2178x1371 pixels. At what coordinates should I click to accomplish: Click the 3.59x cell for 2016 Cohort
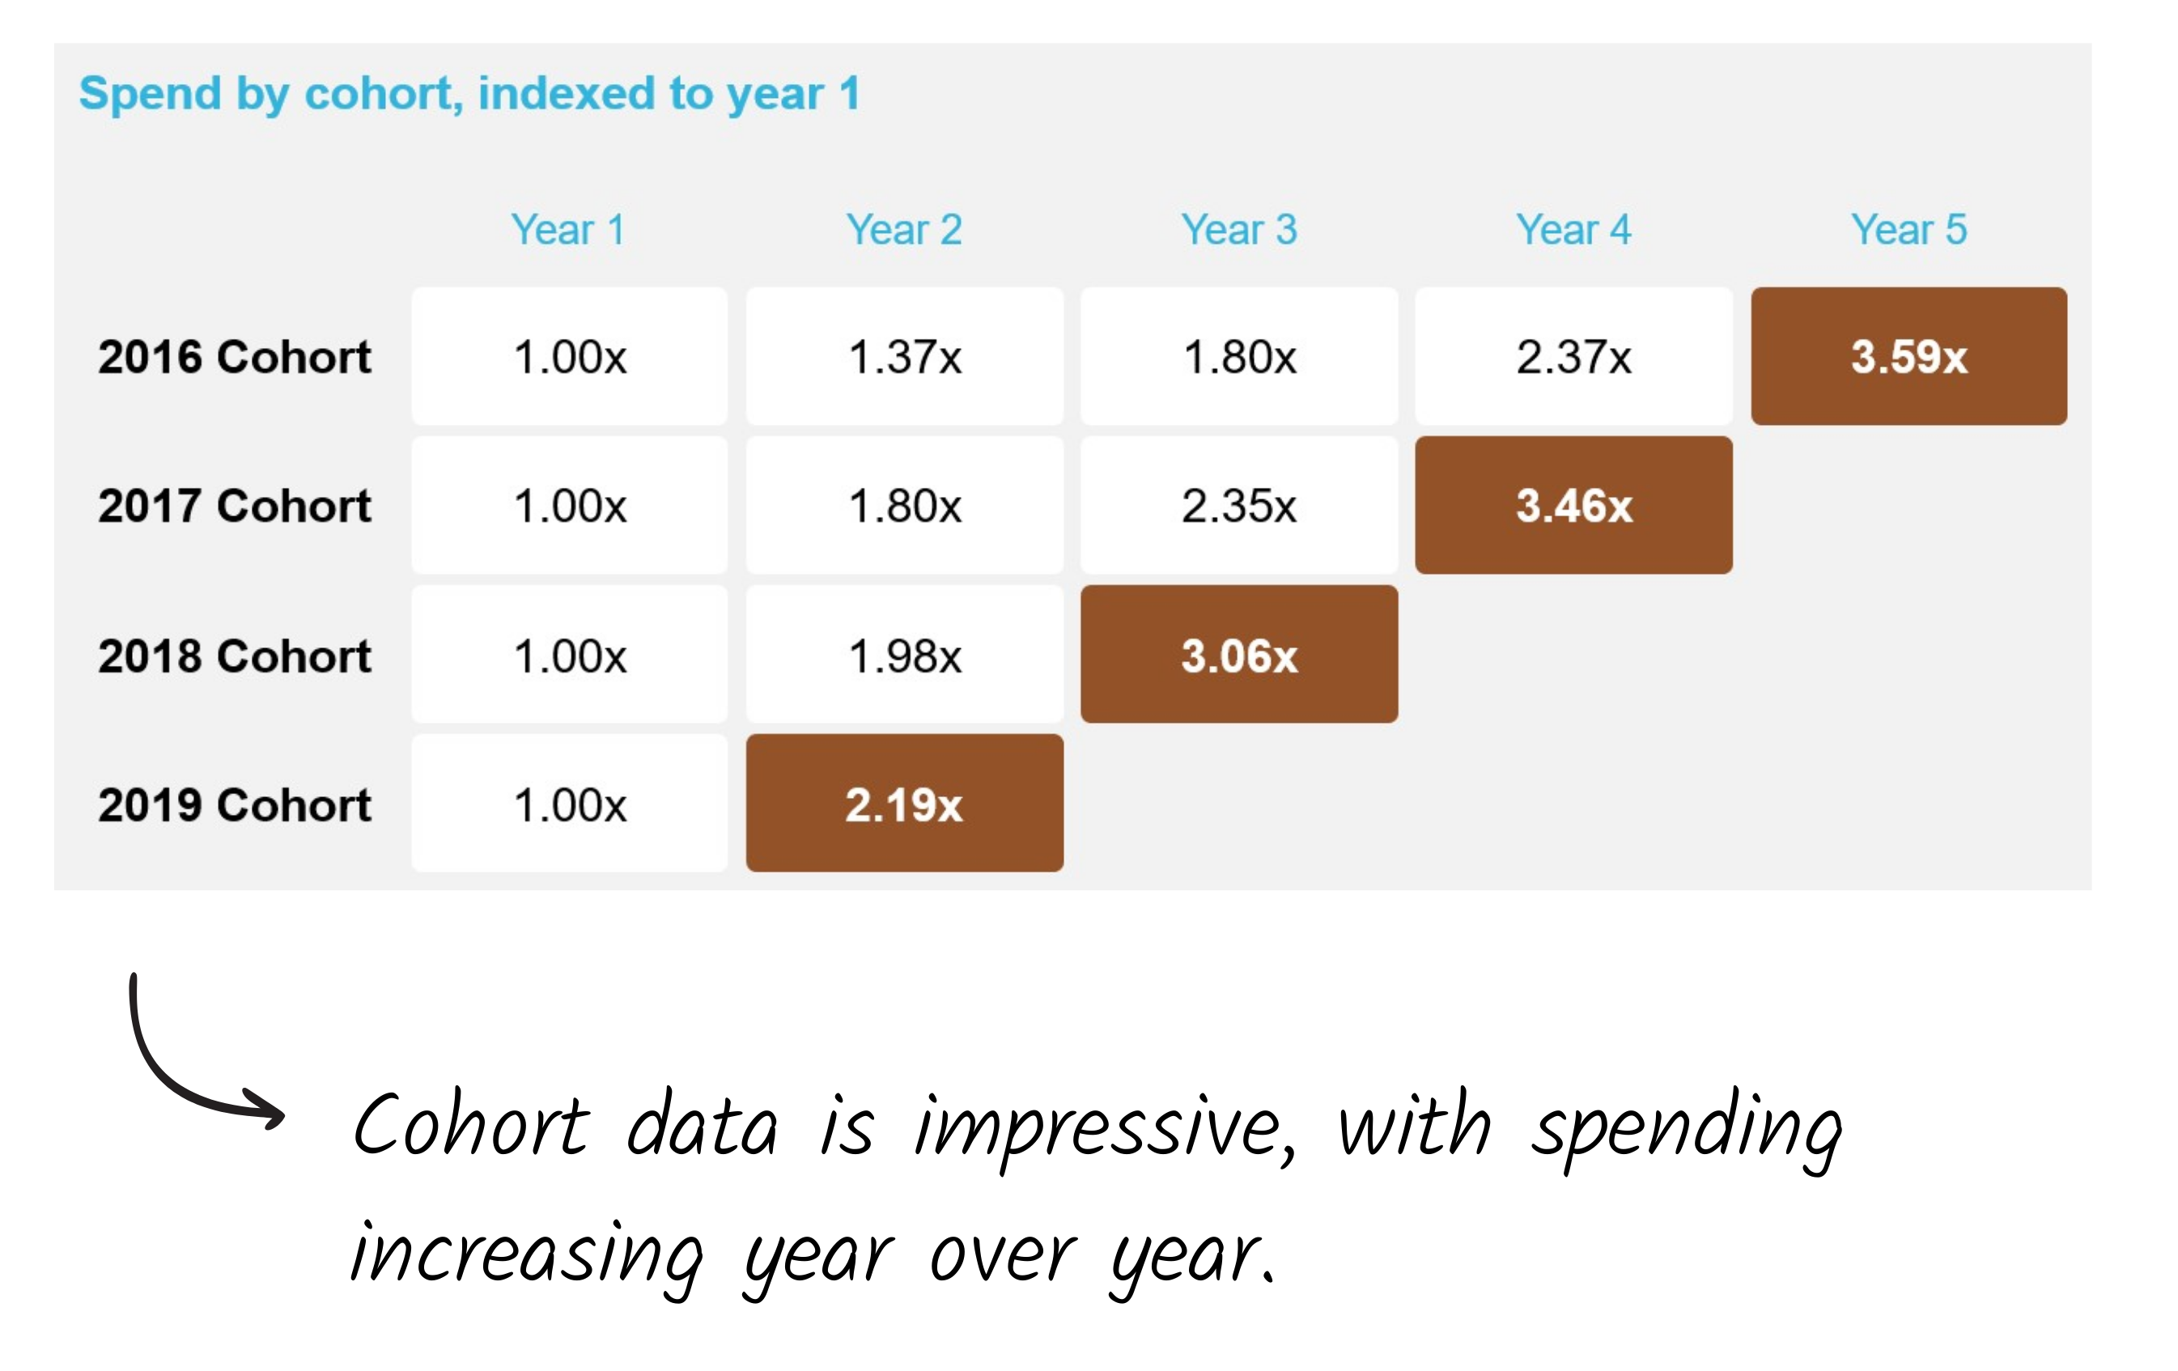pos(1908,356)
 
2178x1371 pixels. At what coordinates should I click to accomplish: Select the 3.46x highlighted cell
pos(1573,506)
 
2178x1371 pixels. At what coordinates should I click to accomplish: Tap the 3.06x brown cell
pos(1239,654)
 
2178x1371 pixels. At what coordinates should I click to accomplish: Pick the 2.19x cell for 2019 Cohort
pos(905,803)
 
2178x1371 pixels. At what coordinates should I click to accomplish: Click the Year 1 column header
pos(568,230)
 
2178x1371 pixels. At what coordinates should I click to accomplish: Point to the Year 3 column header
pos(1239,230)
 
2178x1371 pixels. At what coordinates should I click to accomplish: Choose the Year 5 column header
pos(1908,230)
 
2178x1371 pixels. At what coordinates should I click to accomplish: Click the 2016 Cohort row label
pos(234,356)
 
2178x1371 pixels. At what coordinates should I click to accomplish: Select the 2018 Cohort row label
pos(234,656)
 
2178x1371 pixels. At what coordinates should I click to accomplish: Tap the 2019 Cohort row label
pos(234,804)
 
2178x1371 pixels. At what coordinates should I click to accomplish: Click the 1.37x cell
pos(905,356)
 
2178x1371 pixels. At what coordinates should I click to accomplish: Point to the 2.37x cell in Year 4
pos(1573,356)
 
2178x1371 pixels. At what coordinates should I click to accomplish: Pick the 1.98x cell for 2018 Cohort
pos(905,654)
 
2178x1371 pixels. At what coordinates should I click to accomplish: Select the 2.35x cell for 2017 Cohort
pos(1239,506)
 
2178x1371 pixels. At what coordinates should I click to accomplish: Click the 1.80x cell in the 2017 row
pos(905,506)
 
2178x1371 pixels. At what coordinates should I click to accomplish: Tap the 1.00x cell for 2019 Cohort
pos(570,803)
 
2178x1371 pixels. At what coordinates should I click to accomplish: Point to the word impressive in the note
pos(1106,1130)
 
